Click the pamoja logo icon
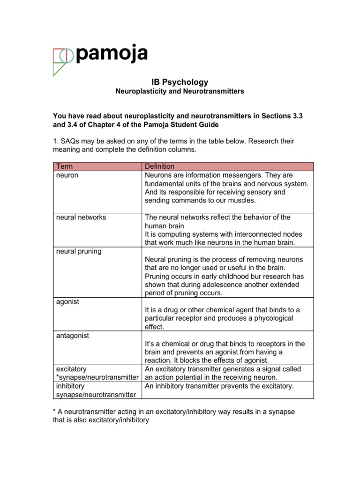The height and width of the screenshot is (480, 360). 62,60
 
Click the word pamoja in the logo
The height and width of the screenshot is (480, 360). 111,54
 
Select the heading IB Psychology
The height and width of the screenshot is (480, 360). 180,82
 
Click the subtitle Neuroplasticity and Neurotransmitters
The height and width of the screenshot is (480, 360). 180,91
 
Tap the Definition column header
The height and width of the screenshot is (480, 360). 159,166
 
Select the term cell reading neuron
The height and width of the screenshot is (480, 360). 67,175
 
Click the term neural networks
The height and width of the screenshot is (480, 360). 81,217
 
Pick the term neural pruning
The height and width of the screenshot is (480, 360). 78,251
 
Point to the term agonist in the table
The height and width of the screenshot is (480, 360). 67,301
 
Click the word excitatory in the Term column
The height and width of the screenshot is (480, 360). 71,369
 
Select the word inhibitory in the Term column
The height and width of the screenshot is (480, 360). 70,386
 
